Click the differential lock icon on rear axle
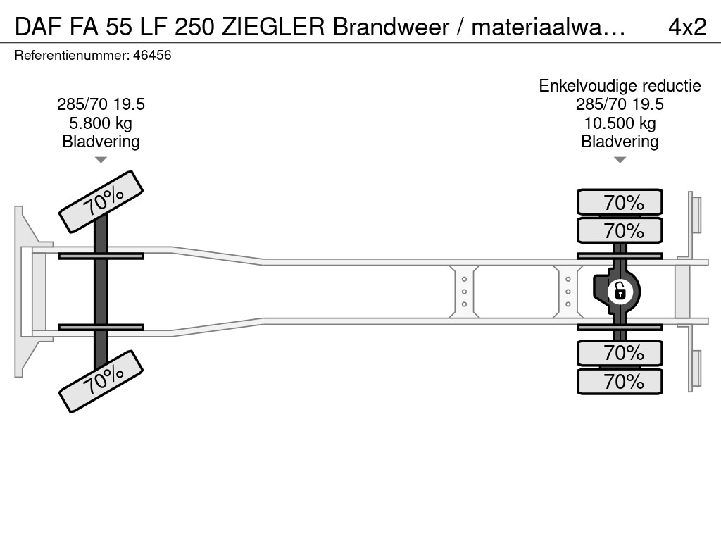(x=620, y=292)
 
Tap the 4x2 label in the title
(x=687, y=27)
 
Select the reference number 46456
(x=152, y=56)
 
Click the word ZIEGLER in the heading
(x=274, y=27)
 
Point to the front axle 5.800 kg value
(x=101, y=123)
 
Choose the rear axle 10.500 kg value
(x=620, y=123)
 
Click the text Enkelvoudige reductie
(x=620, y=86)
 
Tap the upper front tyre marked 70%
(x=101, y=202)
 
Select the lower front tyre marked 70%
(x=101, y=381)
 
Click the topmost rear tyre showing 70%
(x=620, y=202)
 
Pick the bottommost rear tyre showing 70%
(x=620, y=381)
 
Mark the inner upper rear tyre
(x=620, y=230)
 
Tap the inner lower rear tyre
(x=620, y=353)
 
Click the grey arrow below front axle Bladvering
(x=101, y=160)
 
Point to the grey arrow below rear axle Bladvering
(x=620, y=160)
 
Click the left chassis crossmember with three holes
(x=464, y=292)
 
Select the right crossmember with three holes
(x=568, y=292)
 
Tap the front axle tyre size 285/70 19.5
(x=101, y=104)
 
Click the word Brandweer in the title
(x=391, y=27)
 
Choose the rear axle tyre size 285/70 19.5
(x=620, y=104)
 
